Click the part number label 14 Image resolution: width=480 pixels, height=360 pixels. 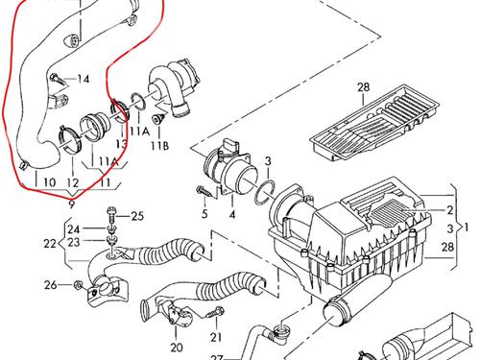click(84, 79)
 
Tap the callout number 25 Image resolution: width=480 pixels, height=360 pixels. click(137, 216)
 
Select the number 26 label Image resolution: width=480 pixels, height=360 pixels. click(51, 285)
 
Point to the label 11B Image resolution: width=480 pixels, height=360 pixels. click(160, 146)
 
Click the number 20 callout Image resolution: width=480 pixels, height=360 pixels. click(177, 348)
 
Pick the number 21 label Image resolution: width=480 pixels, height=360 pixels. click(216, 337)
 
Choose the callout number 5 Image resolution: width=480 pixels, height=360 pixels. click(204, 214)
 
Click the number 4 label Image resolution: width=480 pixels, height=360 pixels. click(232, 214)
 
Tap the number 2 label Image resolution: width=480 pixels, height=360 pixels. click(450, 210)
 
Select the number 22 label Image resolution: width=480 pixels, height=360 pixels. click(50, 244)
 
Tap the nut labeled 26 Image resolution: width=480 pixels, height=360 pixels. click(78, 284)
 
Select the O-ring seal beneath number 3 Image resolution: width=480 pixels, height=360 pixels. click(265, 192)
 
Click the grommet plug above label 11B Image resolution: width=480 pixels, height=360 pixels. click(158, 119)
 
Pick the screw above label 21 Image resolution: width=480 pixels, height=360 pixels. click(216, 312)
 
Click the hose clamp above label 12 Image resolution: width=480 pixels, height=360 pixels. click(69, 139)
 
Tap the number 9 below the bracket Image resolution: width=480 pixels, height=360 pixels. click(71, 204)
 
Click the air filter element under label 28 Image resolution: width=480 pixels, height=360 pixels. click(374, 123)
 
